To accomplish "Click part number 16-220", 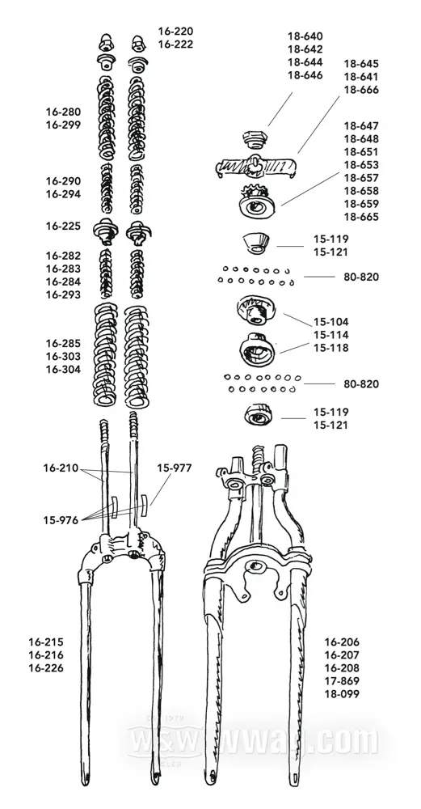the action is click(175, 31).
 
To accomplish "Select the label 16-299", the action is click(63, 125).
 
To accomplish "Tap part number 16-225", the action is click(63, 226).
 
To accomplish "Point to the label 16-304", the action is click(63, 370).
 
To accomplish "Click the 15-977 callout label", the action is click(175, 468).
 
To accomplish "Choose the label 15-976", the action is click(61, 520).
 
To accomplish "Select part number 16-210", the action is click(61, 468).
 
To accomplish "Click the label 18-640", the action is click(305, 36).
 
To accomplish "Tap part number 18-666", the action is click(361, 90).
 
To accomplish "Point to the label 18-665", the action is click(361, 217).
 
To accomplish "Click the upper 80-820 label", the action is click(361, 277).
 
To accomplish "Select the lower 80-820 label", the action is click(361, 383).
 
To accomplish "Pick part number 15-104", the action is click(331, 322).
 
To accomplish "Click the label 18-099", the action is click(342, 694).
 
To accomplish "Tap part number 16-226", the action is click(46, 668).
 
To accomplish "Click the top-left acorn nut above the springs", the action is click(107, 42).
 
